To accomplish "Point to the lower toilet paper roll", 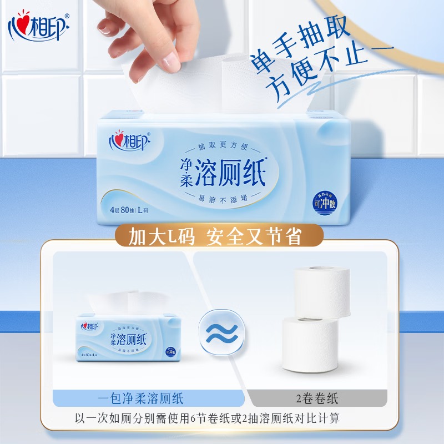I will tap(311, 344).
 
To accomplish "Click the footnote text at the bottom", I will tap(222, 418).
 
